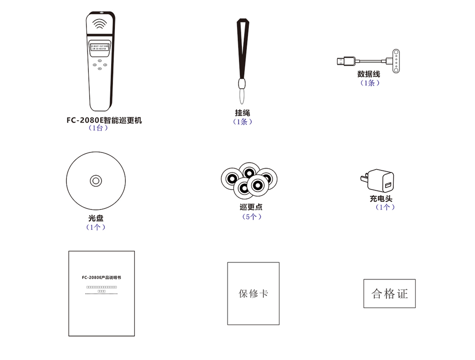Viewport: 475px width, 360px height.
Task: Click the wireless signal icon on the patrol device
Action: (100, 24)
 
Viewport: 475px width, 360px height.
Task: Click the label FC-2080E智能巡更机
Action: (104, 120)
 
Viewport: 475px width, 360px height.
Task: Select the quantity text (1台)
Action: (98, 128)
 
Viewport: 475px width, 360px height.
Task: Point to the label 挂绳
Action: (242, 113)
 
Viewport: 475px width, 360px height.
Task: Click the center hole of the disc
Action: (96, 180)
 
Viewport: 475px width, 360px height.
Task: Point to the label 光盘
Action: (96, 218)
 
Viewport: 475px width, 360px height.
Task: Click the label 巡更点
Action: (251, 207)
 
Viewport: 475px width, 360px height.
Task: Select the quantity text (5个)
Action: (252, 217)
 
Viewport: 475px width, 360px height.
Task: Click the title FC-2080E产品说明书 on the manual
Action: (101, 277)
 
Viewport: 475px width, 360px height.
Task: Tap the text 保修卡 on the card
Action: (253, 294)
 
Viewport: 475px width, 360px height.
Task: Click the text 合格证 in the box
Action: (389, 294)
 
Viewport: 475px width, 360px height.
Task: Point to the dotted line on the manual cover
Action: (101, 294)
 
